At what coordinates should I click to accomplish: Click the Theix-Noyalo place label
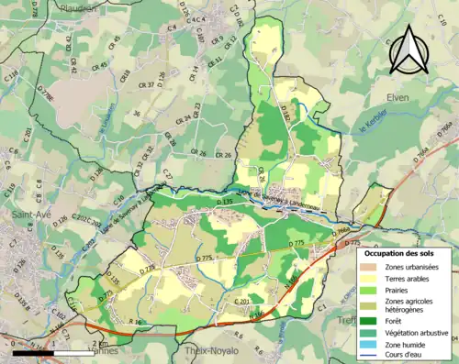tap(212, 350)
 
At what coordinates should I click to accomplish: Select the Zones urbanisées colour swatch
tap(372, 267)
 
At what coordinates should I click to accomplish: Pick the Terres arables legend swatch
tap(372, 279)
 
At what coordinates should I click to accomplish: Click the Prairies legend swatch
tap(372, 291)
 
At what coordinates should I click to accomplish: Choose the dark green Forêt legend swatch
tap(372, 320)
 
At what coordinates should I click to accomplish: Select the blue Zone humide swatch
tap(372, 344)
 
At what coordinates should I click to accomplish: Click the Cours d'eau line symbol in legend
tap(372, 356)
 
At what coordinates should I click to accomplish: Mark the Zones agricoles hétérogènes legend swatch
tap(372, 305)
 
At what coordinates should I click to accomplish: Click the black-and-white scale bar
tap(50, 351)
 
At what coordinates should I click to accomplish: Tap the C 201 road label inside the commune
tap(243, 301)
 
